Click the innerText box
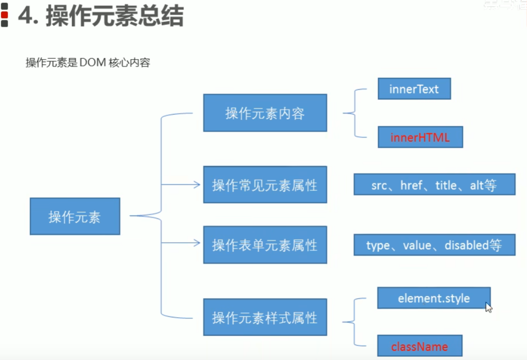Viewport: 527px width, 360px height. point(414,89)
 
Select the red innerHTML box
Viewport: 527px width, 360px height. point(420,137)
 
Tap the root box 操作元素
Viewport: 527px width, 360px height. point(75,217)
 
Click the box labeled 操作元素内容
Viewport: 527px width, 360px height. point(265,113)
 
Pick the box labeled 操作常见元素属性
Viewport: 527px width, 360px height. point(265,185)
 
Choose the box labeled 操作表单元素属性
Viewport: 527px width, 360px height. point(265,245)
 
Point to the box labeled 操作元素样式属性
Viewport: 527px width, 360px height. point(265,318)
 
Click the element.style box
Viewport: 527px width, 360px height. point(434,298)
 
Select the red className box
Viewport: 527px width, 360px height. point(420,346)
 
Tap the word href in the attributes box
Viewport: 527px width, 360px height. point(411,185)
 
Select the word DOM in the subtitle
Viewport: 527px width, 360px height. point(90,63)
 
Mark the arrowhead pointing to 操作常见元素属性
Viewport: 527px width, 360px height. point(196,185)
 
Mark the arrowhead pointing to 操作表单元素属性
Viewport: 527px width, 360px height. point(196,243)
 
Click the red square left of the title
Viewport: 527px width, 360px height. point(4,15)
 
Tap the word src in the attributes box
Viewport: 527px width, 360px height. point(379,185)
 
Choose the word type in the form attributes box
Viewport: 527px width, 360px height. point(378,246)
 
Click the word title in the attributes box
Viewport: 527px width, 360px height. point(446,185)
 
